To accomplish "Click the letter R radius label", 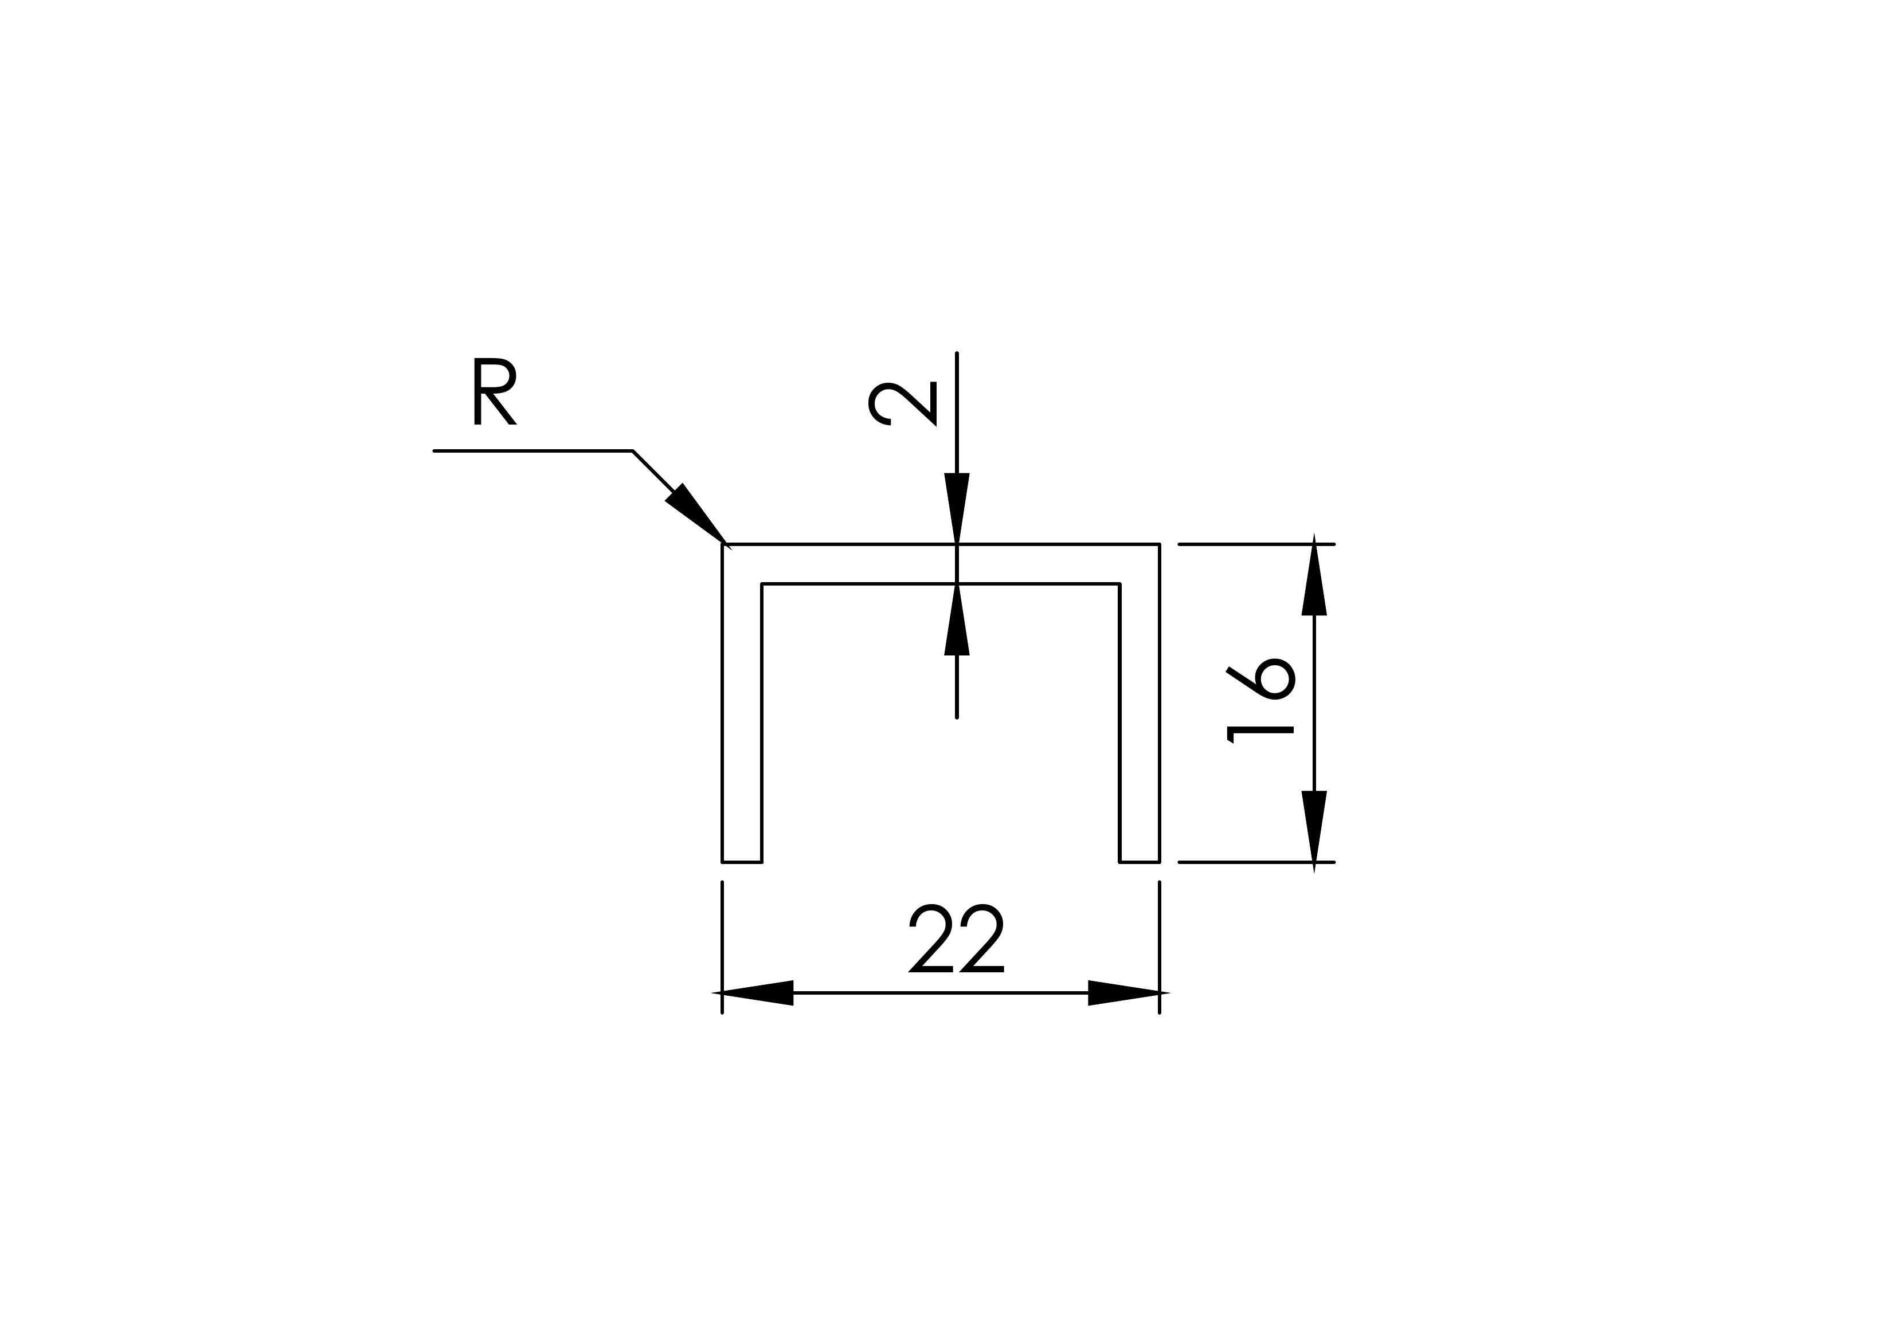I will pyautogui.click(x=494, y=391).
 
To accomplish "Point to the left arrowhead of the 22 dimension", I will pyautogui.click(x=756, y=992).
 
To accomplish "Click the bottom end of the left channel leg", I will pyautogui.click(x=742, y=862).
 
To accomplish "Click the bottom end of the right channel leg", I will pyautogui.click(x=1140, y=862).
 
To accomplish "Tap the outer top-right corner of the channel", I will pyautogui.click(x=1159, y=544).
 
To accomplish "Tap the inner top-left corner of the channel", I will pyautogui.click(x=762, y=584).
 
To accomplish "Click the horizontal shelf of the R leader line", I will pyautogui.click(x=533, y=451).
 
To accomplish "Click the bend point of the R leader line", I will pyautogui.click(x=632, y=451).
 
